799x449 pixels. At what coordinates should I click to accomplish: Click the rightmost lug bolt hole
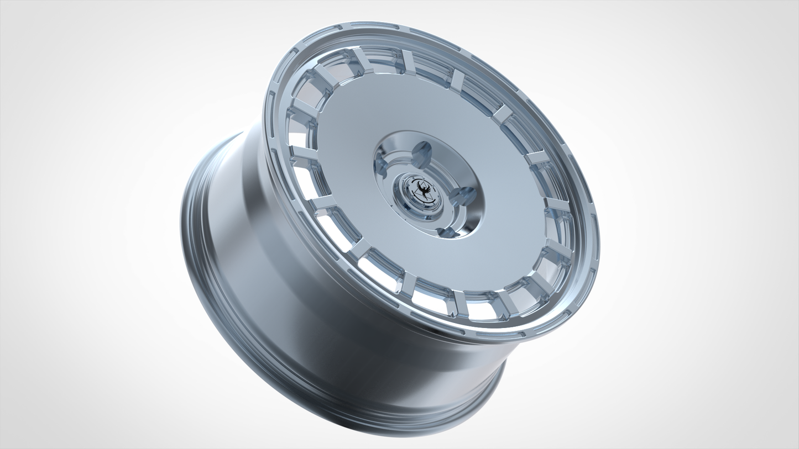point(463,195)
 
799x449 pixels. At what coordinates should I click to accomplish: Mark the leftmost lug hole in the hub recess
point(385,166)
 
